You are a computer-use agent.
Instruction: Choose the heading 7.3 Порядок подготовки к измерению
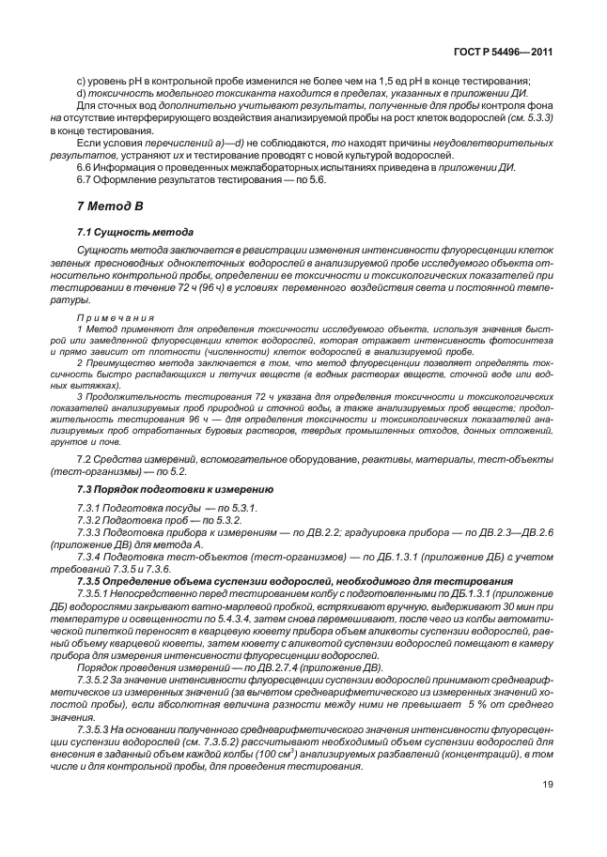tap(175, 490)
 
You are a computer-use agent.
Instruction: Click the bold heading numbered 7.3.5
tap(94, 582)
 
